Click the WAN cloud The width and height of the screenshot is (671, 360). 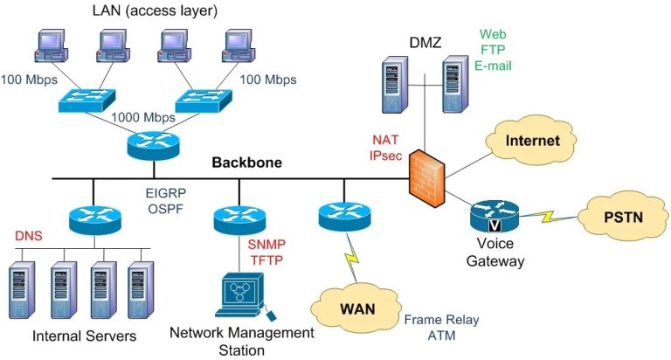coord(356,310)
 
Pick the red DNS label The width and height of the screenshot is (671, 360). coord(29,237)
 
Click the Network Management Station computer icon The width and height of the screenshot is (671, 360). coord(243,296)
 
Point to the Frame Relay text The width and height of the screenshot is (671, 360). coord(441,321)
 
